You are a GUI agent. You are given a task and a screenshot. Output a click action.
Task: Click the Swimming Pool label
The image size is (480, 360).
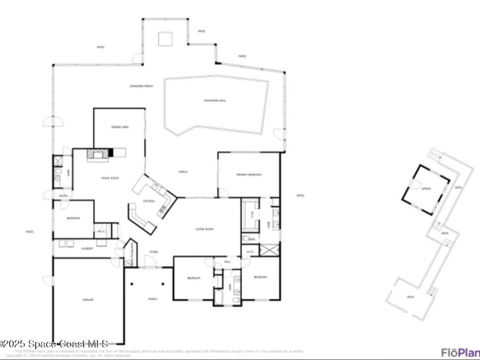pos(215,100)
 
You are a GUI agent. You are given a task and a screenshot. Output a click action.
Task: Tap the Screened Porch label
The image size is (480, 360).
pos(142,86)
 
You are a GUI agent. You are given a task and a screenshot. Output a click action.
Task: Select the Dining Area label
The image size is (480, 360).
pos(120,127)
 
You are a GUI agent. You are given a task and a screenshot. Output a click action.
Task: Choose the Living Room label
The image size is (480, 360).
pos(204,229)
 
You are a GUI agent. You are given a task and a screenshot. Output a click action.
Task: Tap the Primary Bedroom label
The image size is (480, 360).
pos(248,175)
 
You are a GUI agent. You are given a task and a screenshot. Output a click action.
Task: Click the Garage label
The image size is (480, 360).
pos(88,299)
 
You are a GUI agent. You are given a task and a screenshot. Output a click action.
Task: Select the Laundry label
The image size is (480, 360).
pos(87,248)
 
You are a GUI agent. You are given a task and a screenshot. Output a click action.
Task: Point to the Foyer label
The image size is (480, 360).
pos(153,252)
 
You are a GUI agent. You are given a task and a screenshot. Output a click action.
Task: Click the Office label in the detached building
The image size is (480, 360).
pos(426,189)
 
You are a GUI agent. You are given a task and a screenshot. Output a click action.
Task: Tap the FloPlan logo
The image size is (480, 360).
pos(460,352)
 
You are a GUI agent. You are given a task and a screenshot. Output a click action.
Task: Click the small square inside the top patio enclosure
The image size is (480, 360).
pos(165,39)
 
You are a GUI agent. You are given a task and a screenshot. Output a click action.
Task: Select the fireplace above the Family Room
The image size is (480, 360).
pos(100,154)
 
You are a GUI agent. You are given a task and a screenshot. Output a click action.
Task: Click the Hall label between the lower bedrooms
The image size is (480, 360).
pos(228,262)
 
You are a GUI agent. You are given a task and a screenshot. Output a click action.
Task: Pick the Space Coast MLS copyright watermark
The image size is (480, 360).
pos(54,344)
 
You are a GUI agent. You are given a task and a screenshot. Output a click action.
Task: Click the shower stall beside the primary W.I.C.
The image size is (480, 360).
pos(270,249)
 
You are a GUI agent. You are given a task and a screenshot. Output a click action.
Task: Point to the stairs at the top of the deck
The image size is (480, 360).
pos(435,154)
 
